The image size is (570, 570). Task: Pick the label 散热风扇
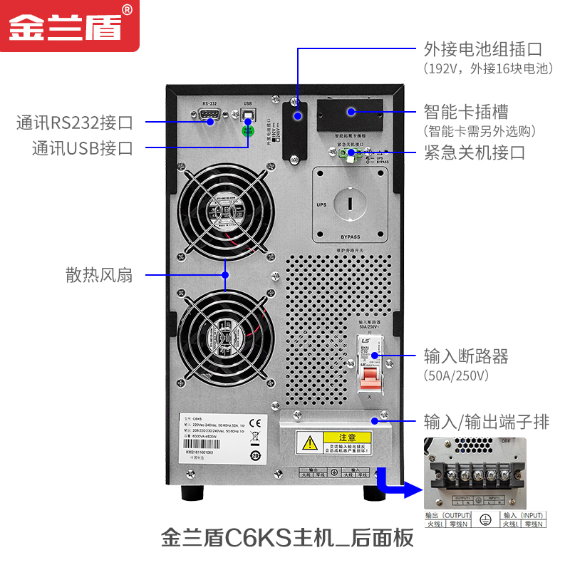(x=100, y=276)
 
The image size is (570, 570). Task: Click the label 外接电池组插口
(x=482, y=49)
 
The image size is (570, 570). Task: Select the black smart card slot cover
(x=350, y=111)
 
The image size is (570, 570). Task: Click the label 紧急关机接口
(x=474, y=152)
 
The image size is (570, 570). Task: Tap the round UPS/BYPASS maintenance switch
(x=350, y=203)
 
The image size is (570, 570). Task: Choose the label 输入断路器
(x=466, y=356)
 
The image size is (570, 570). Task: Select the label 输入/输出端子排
(x=487, y=422)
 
